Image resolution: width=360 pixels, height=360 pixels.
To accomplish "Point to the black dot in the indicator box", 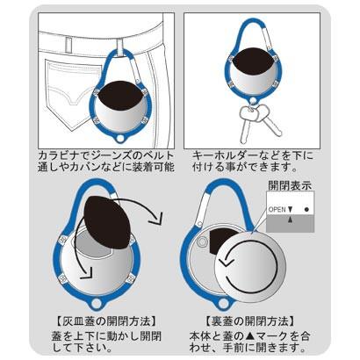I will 306,209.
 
